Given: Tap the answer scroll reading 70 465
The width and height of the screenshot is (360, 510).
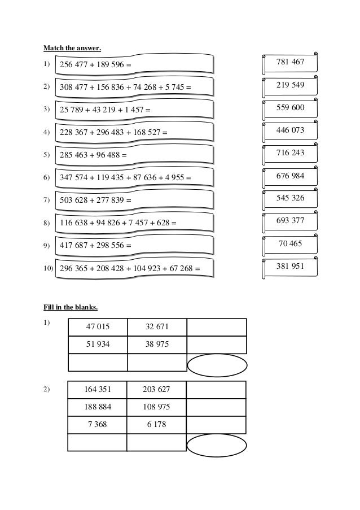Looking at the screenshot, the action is [x=291, y=244].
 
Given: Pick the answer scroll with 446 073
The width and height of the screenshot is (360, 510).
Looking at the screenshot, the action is [x=291, y=130].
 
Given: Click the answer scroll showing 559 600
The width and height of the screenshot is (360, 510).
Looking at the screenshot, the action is [x=291, y=108].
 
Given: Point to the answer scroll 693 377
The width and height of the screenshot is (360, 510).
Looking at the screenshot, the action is [x=291, y=221].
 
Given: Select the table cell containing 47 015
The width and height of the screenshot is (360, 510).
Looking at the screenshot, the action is [x=98, y=327].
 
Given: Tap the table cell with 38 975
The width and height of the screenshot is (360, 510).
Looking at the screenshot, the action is [x=157, y=345].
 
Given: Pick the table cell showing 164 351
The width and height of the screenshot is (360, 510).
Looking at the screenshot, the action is [x=98, y=390].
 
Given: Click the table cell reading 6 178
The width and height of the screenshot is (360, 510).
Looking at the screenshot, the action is [x=157, y=424].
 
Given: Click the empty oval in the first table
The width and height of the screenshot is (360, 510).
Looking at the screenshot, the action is [x=217, y=365].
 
